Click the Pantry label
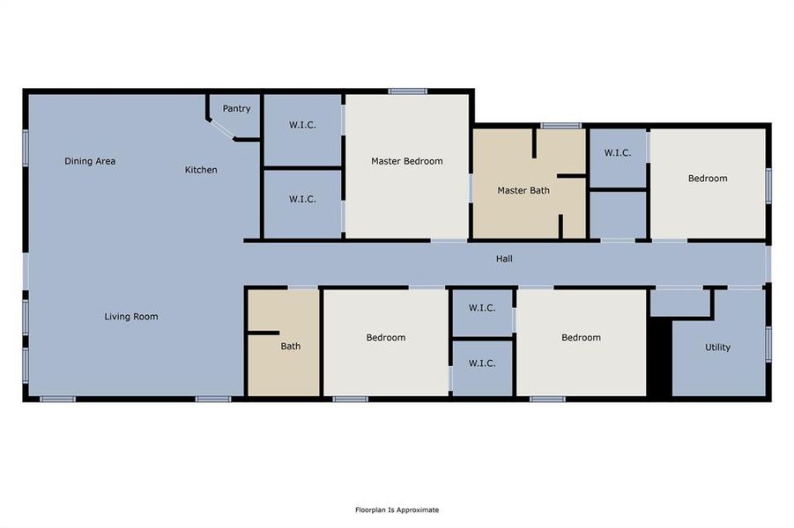pyautogui.click(x=236, y=109)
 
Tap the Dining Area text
pyautogui.click(x=90, y=161)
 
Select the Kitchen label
pyautogui.click(x=201, y=170)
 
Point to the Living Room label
pyautogui.click(x=131, y=316)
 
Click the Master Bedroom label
pyautogui.click(x=406, y=161)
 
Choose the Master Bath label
pyautogui.click(x=523, y=190)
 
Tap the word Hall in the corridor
pyautogui.click(x=504, y=259)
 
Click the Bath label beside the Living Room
pyautogui.click(x=291, y=346)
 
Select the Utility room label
pyautogui.click(x=717, y=347)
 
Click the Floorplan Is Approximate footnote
pyautogui.click(x=397, y=510)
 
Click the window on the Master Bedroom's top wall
pyautogui.click(x=408, y=91)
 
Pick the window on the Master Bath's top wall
pyautogui.click(x=560, y=125)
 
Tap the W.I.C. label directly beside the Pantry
pyautogui.click(x=302, y=125)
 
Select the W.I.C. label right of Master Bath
pyautogui.click(x=617, y=153)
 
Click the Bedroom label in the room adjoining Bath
pyautogui.click(x=386, y=338)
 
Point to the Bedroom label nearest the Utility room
pyautogui.click(x=581, y=338)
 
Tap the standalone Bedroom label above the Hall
pyautogui.click(x=708, y=179)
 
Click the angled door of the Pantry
pyautogui.click(x=222, y=130)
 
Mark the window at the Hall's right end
pyautogui.click(x=768, y=263)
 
